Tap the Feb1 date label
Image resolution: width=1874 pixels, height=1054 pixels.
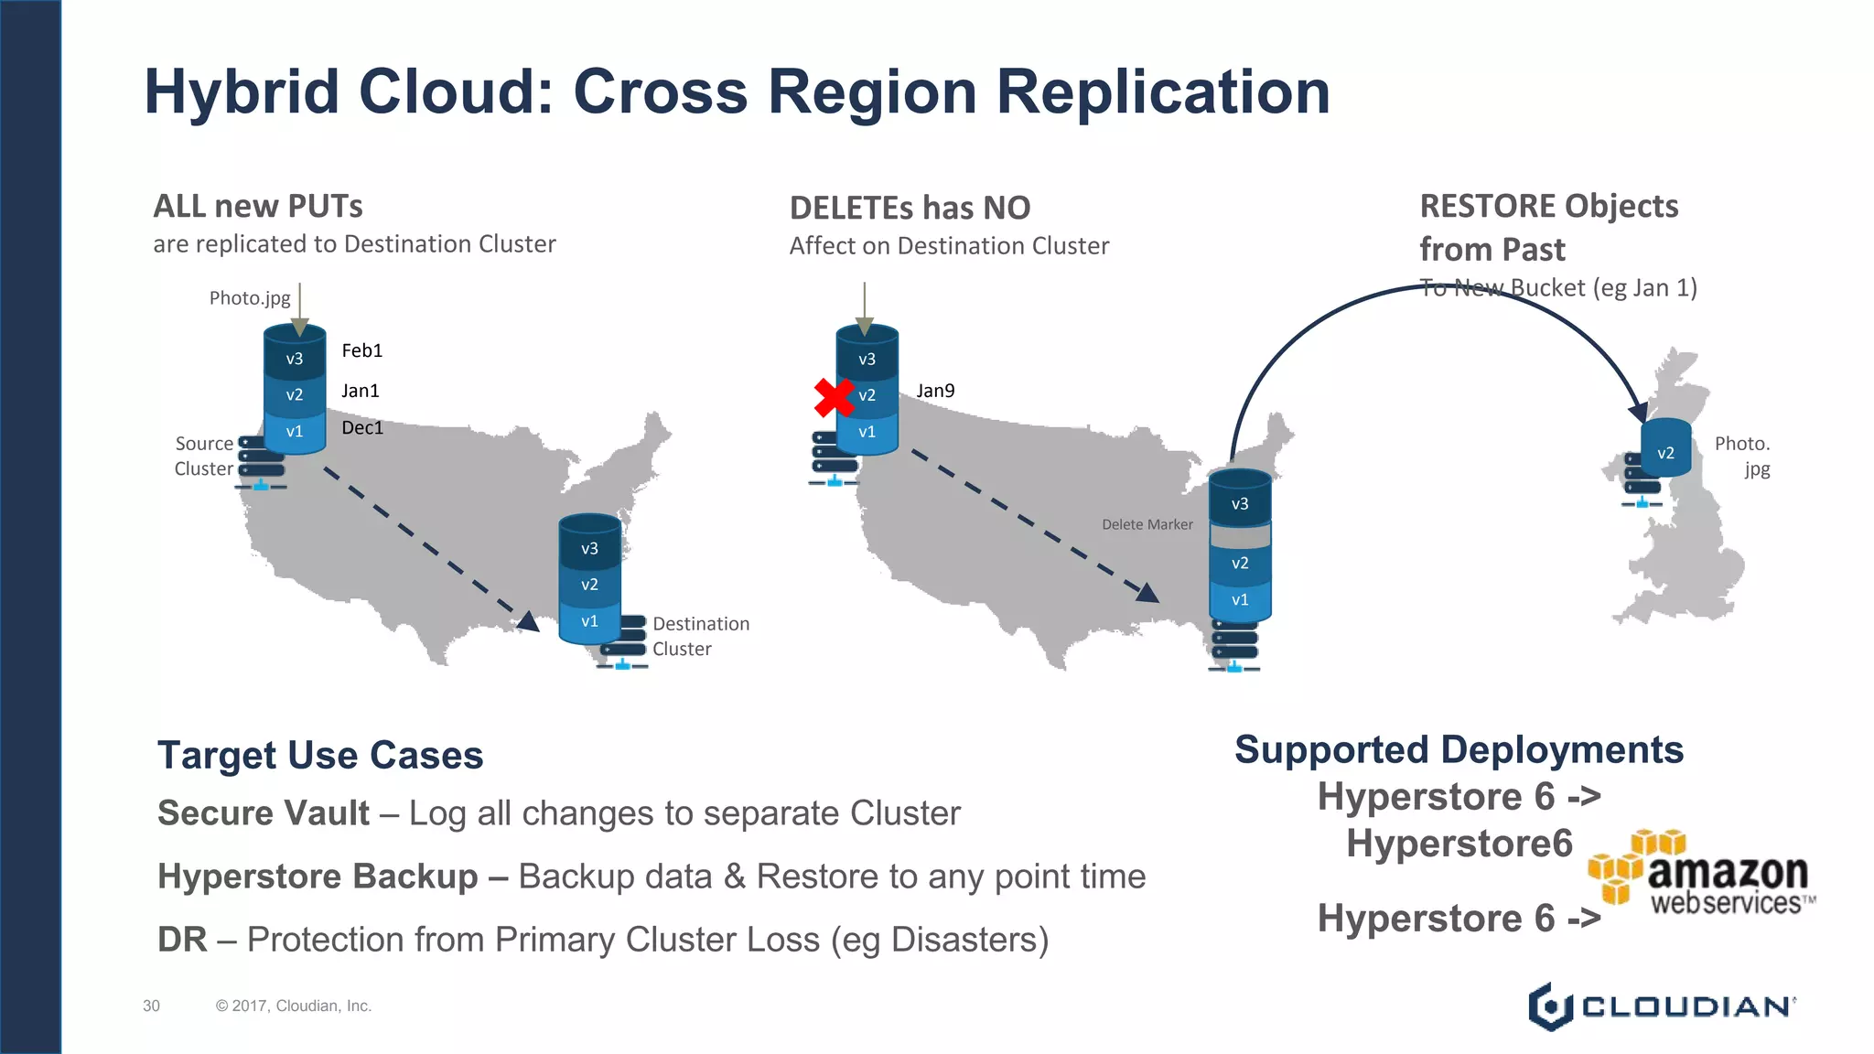point(361,350)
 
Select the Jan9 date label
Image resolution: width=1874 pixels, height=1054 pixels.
point(935,391)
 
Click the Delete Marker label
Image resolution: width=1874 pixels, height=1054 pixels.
point(1147,524)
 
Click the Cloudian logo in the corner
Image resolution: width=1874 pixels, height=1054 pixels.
point(1661,1006)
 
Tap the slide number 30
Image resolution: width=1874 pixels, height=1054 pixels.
point(151,1006)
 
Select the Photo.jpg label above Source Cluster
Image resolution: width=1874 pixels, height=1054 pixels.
point(249,298)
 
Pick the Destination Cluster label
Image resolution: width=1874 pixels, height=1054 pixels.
point(700,636)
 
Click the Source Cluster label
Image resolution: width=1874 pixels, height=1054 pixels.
point(204,456)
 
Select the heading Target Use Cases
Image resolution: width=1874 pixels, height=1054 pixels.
point(320,756)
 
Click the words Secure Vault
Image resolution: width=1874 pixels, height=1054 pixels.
point(264,813)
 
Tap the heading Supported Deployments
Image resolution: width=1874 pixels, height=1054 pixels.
point(1459,750)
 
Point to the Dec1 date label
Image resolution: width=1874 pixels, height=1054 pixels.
point(361,427)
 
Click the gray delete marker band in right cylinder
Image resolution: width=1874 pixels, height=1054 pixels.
point(1240,534)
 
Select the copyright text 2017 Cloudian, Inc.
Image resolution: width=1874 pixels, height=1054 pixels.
point(293,1006)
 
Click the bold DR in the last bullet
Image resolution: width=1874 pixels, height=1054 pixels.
point(182,940)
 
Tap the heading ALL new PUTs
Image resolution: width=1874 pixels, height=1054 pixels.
point(258,206)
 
